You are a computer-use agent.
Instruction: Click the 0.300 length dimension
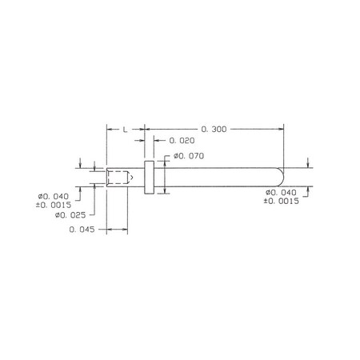[214, 130]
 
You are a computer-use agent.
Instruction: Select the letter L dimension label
[125, 130]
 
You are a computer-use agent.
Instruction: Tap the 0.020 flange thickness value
[182, 141]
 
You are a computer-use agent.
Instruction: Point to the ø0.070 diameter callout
[189, 156]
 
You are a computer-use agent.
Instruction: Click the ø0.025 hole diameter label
[70, 215]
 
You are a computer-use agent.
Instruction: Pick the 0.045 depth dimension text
[82, 230]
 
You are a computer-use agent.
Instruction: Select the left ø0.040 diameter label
[54, 197]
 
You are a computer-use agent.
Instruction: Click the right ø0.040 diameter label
[281, 192]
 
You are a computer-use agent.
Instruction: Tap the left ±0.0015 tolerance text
[54, 205]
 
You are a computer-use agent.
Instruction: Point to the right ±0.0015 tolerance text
[282, 201]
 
